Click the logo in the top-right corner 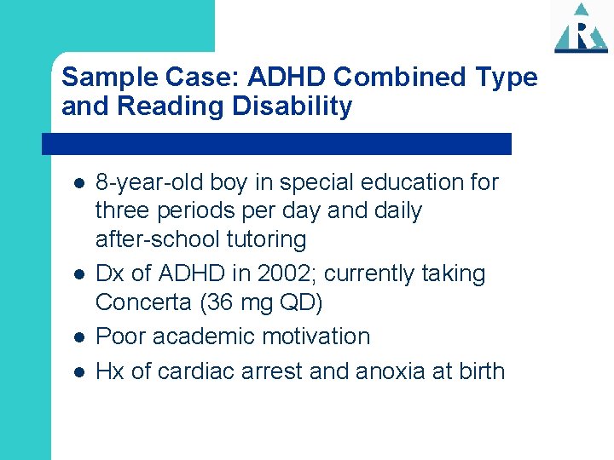(x=581, y=28)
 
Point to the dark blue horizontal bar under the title (x=277, y=144)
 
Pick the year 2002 (x=253, y=274)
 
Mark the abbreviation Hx (x=109, y=371)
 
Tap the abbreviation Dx (x=110, y=274)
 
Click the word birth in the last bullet (x=478, y=371)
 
